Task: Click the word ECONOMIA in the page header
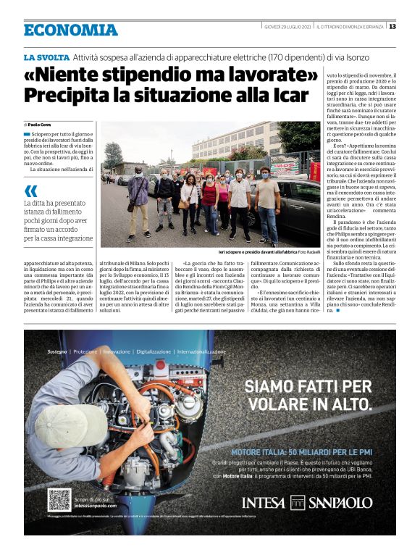[70, 30]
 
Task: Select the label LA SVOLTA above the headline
[46, 57]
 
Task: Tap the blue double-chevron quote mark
[30, 191]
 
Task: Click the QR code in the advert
[59, 500]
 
